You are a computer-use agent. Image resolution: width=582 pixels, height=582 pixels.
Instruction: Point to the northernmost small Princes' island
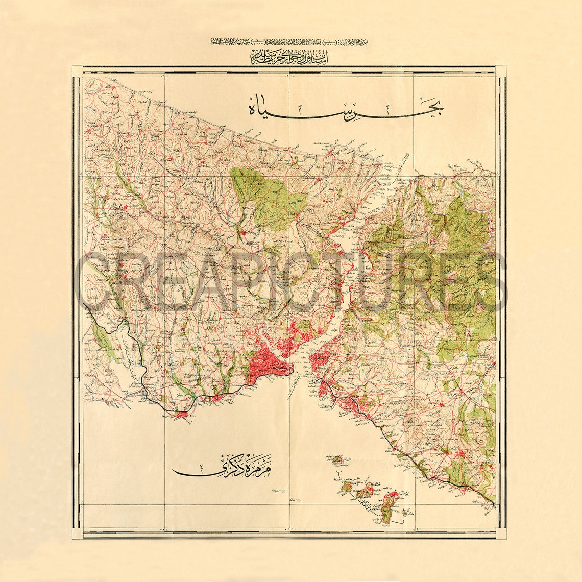[x=337, y=461]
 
